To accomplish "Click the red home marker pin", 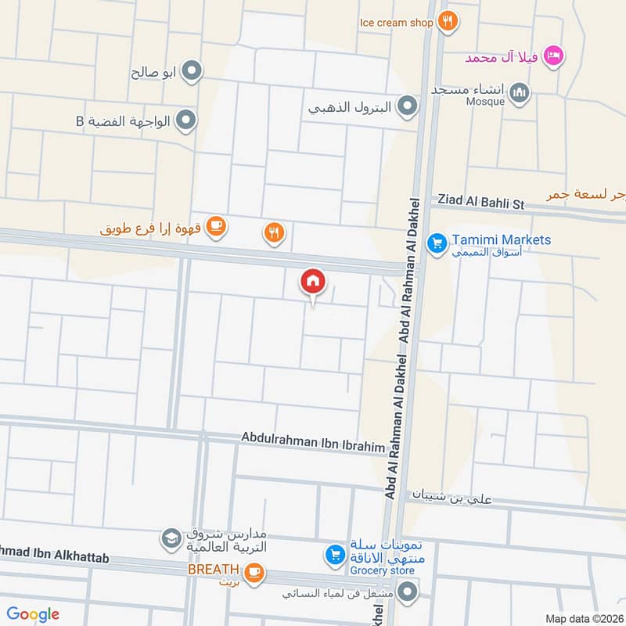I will point(313,281).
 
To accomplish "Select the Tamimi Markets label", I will point(501,240).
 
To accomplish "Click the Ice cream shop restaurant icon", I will point(447,22).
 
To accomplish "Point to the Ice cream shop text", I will point(396,23).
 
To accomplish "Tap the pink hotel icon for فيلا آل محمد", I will point(554,55).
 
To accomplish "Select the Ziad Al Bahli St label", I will point(477,201).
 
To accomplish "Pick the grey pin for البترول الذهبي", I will point(407,106).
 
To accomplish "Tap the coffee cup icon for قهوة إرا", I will point(217,227).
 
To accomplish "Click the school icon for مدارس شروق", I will point(170,538).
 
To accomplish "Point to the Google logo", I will point(33,614).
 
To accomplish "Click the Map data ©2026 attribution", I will point(582,618).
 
